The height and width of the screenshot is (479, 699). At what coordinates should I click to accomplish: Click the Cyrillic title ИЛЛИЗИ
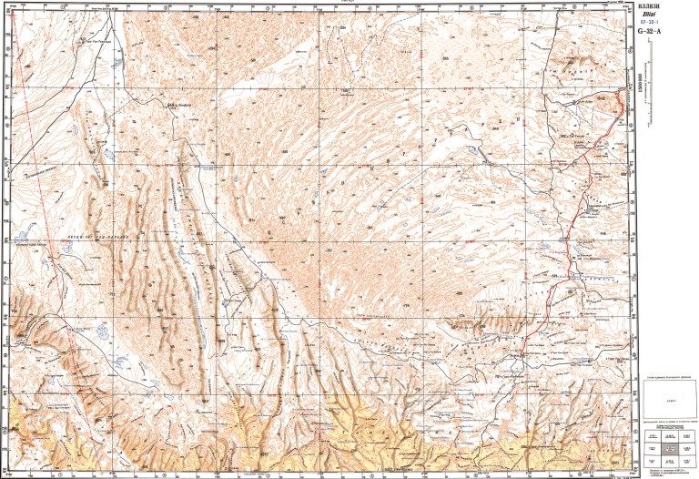(653, 8)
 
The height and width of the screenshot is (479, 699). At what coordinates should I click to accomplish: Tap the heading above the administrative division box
(670, 377)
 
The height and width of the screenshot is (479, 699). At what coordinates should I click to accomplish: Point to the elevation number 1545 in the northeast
(602, 97)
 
